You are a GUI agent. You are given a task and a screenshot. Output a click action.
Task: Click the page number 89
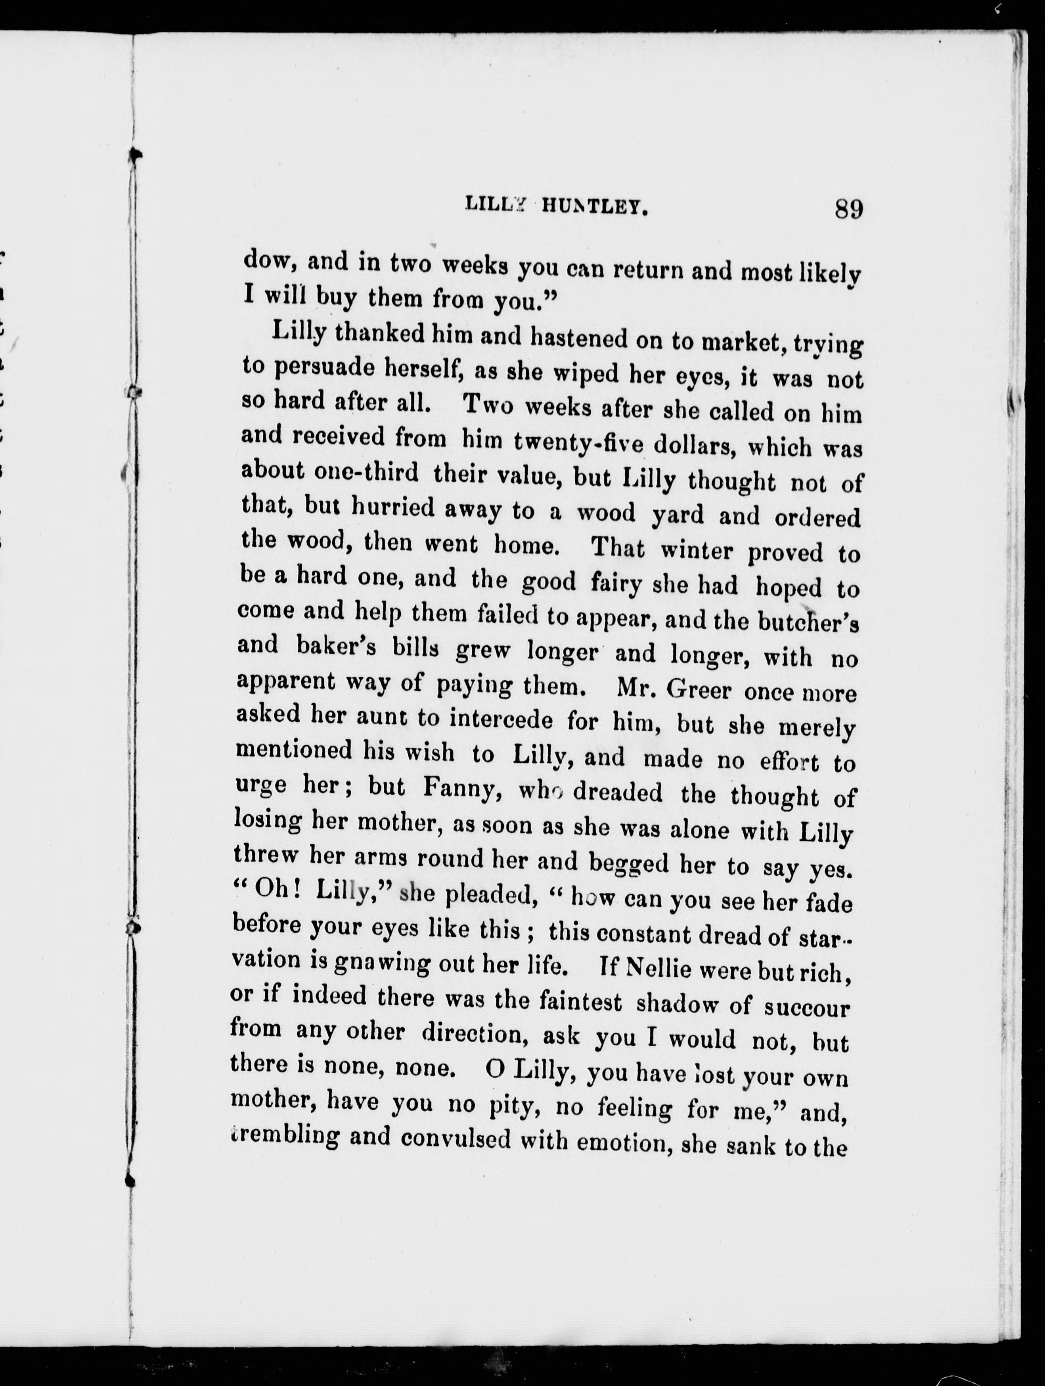coord(849,208)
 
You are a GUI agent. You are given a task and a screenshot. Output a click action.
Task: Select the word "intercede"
coord(501,719)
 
